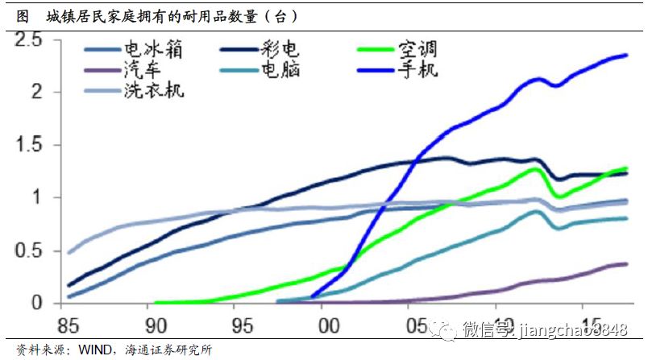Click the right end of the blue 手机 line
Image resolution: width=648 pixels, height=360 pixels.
pyautogui.click(x=627, y=55)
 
